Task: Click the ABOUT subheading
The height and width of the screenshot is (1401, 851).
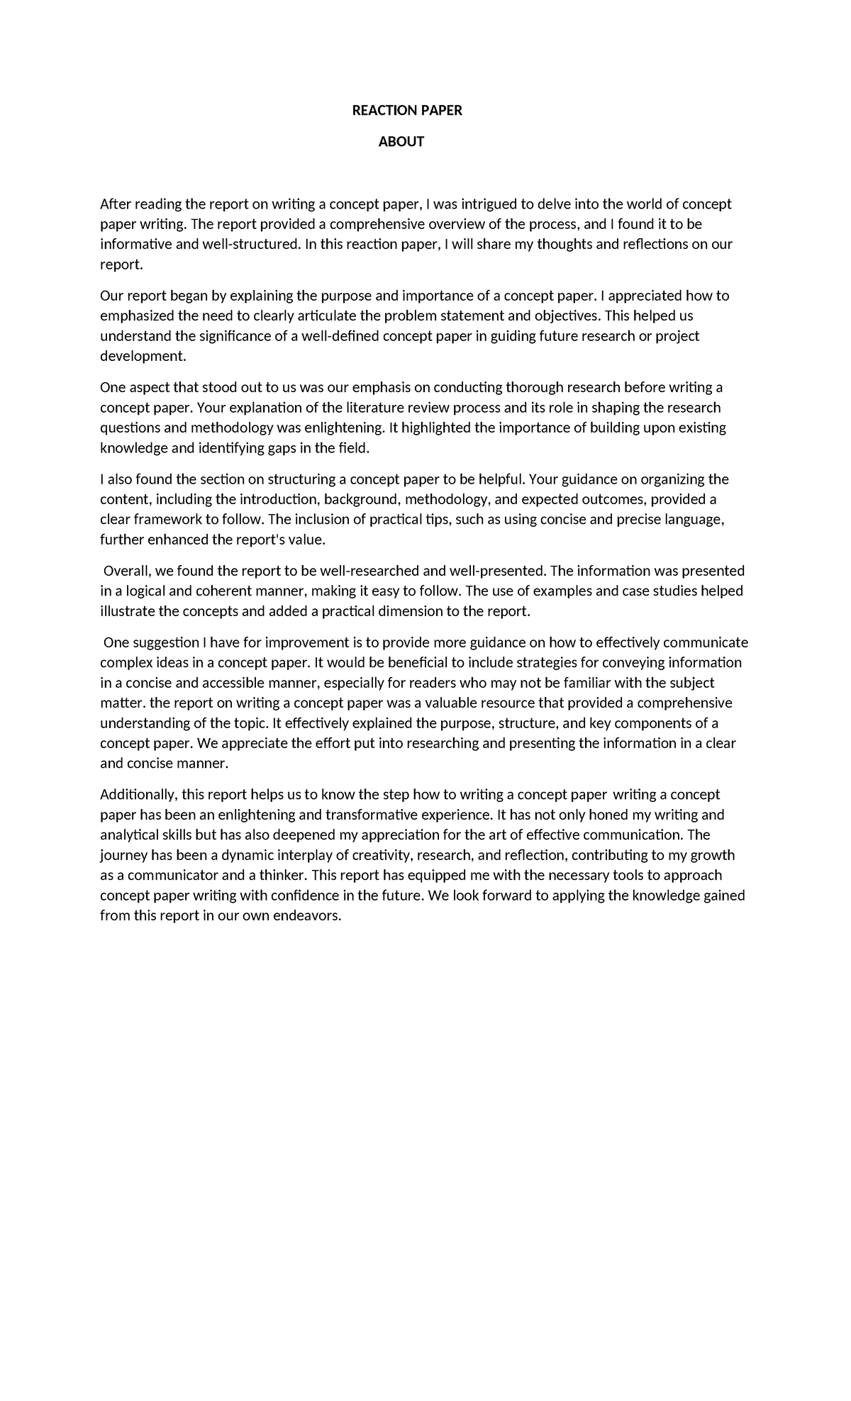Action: (x=401, y=142)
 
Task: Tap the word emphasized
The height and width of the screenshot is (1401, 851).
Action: (x=137, y=316)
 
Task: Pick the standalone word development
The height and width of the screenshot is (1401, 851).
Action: (x=142, y=356)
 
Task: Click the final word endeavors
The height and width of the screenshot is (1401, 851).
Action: (x=307, y=916)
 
